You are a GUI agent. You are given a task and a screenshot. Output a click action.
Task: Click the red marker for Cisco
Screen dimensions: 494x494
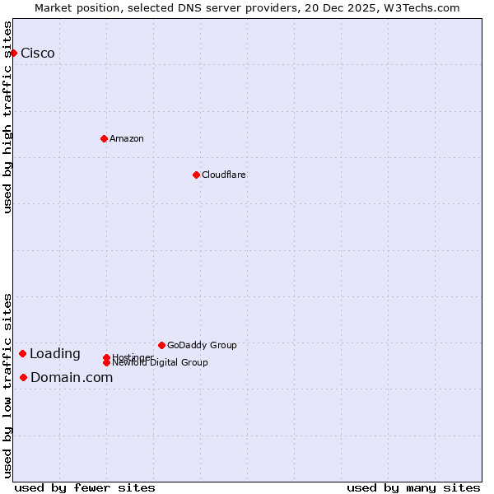13,53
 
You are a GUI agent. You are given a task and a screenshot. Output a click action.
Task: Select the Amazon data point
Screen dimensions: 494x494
104,138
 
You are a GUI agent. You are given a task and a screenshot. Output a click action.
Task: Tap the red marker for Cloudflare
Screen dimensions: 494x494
196,175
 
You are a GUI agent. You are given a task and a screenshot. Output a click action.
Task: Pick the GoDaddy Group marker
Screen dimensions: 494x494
161,345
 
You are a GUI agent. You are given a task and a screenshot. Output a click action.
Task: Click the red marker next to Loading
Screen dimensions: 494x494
22,353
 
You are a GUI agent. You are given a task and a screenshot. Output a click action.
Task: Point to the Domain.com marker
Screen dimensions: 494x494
23,377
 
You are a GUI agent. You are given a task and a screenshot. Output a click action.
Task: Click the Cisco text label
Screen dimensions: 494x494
38,54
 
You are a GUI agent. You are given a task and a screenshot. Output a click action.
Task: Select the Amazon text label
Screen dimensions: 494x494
126,138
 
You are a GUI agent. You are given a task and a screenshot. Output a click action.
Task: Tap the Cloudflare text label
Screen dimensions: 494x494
223,175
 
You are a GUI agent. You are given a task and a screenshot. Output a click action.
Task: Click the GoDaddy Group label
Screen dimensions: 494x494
202,345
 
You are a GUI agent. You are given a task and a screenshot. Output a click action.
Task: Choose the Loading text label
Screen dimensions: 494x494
55,354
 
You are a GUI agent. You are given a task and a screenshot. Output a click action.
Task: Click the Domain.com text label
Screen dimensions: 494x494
72,378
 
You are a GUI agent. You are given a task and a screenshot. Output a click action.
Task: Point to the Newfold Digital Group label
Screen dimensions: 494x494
160,362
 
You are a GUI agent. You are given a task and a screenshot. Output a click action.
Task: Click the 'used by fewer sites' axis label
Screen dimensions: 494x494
85,487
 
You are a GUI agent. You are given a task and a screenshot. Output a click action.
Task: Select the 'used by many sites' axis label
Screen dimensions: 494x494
413,487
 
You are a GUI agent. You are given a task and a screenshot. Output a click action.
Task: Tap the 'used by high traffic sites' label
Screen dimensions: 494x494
8,117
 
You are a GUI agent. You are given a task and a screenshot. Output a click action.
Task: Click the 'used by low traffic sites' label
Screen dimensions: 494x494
8,384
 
